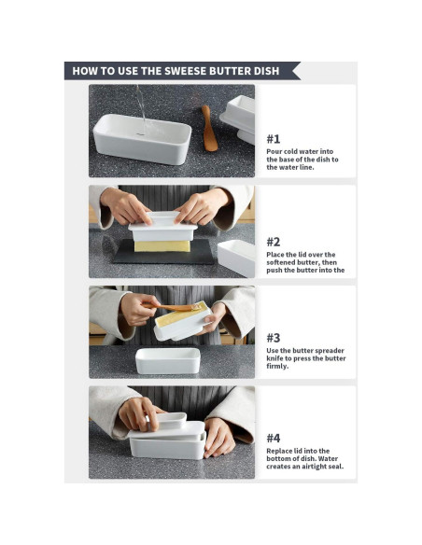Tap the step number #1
coord(274,139)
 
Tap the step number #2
coord(274,242)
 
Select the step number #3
coord(274,338)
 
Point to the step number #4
coord(274,439)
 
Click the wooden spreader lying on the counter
coord(209,129)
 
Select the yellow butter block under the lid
coord(162,246)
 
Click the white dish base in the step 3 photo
coord(168,361)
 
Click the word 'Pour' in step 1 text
coord(274,151)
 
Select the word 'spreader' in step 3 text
coord(330,351)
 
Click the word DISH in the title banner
coord(267,71)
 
